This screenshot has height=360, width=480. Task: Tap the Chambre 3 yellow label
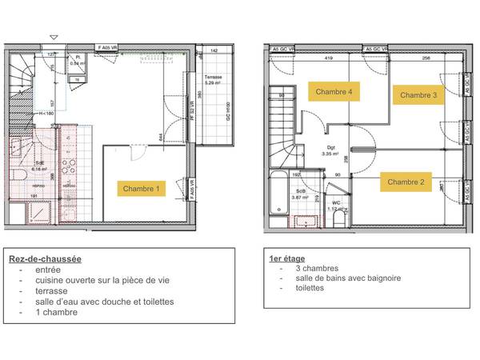(x=418, y=95)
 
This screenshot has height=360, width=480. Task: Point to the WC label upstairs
(x=338, y=202)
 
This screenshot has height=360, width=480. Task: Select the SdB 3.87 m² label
(x=300, y=194)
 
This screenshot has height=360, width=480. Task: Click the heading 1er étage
(x=286, y=258)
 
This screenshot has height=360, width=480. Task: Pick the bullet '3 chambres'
(x=316, y=269)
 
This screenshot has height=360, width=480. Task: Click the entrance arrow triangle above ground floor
(x=54, y=38)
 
